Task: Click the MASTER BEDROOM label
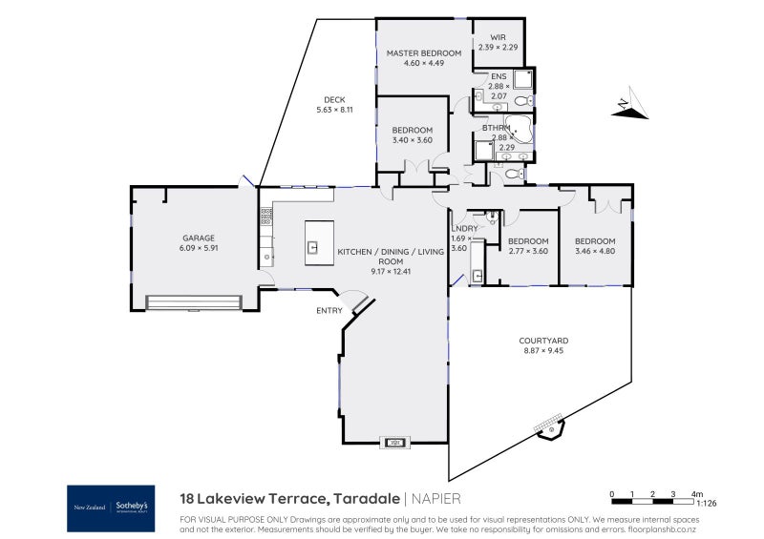click(x=423, y=53)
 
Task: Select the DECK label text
click(x=333, y=100)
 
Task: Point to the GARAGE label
click(x=199, y=238)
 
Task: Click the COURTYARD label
click(x=544, y=341)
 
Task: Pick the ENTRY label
click(x=329, y=311)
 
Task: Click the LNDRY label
click(x=464, y=228)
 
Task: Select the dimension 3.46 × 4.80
click(x=595, y=251)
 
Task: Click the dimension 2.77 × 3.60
click(x=527, y=251)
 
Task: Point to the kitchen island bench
click(x=319, y=242)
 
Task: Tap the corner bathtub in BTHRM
click(x=521, y=128)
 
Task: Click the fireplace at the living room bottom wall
click(x=394, y=442)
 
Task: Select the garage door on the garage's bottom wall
click(x=193, y=302)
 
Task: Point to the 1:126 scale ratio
click(x=707, y=503)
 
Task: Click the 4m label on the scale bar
click(x=697, y=493)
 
